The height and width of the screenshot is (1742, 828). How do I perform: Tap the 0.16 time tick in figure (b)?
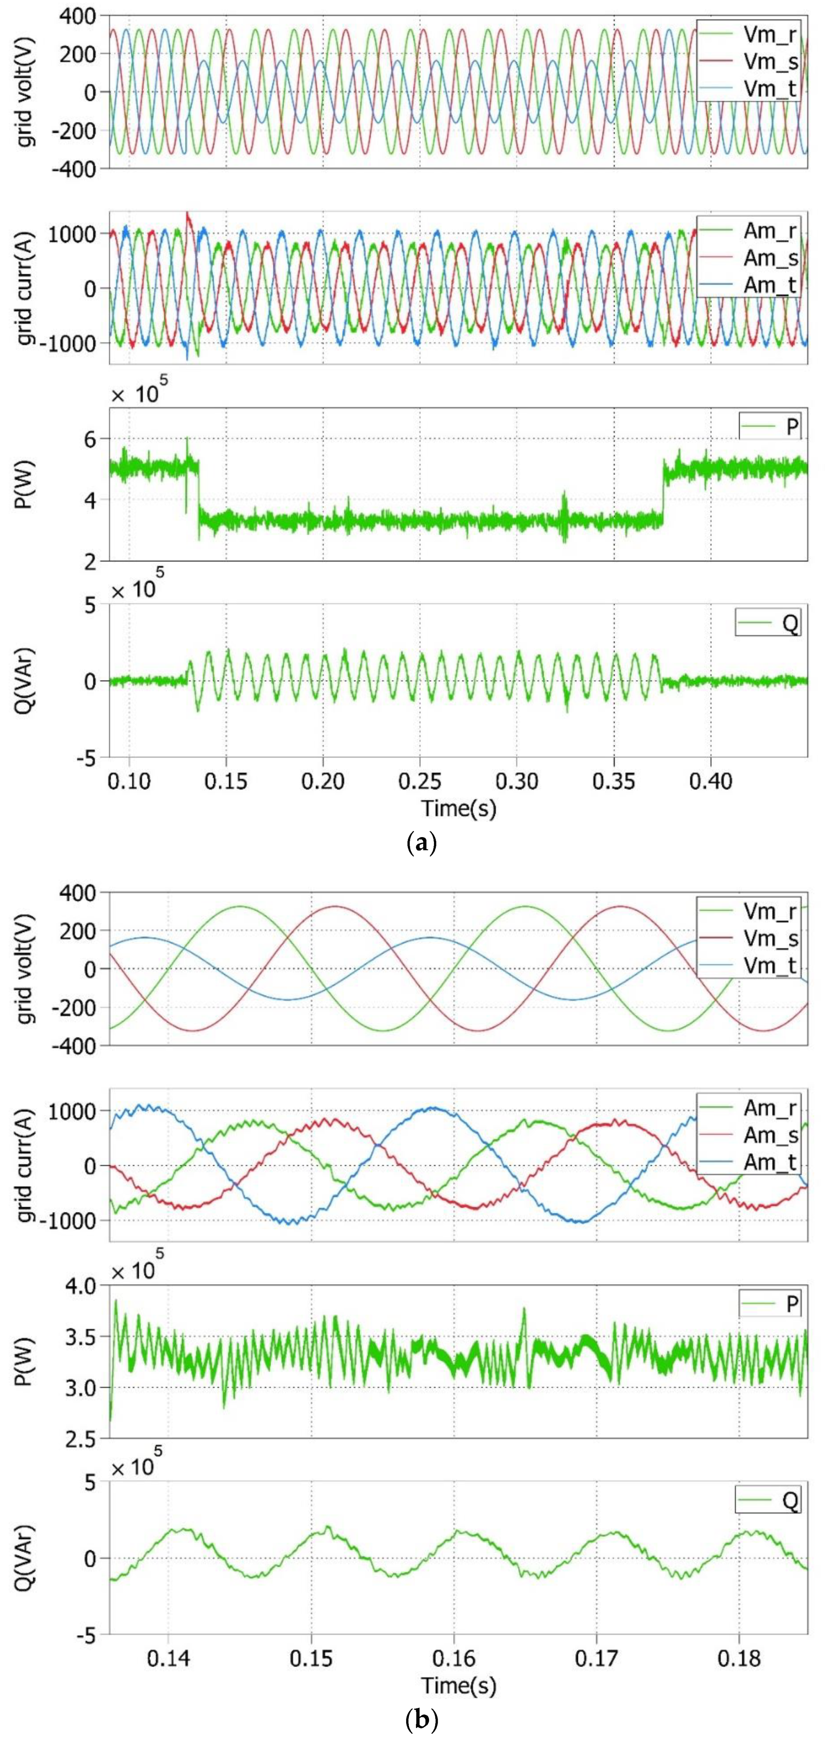pos(454,1658)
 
